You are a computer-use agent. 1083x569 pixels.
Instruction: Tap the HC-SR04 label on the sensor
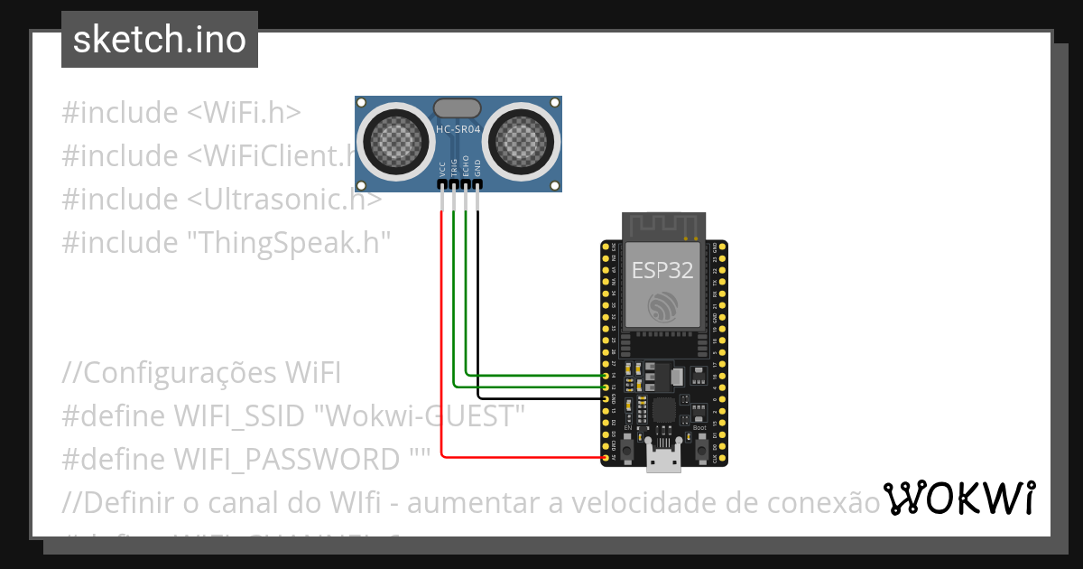[458, 130]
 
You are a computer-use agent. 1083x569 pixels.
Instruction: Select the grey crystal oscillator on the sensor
[458, 108]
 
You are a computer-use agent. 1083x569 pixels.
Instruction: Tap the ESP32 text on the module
[663, 270]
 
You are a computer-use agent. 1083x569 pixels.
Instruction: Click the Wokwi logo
[958, 498]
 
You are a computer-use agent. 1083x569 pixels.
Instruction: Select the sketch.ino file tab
[160, 40]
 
